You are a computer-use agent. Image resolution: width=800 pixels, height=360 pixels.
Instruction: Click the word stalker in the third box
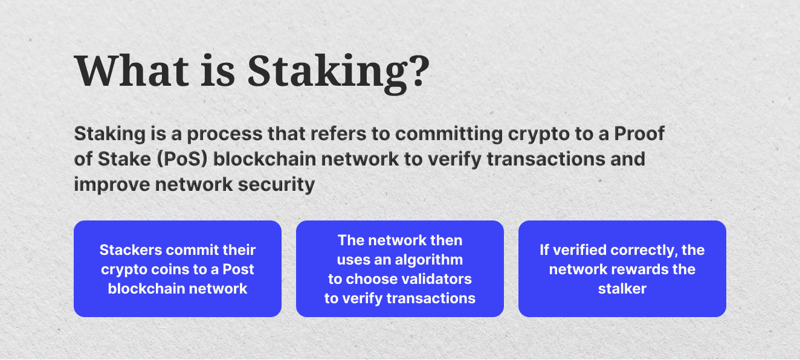pyautogui.click(x=622, y=289)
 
